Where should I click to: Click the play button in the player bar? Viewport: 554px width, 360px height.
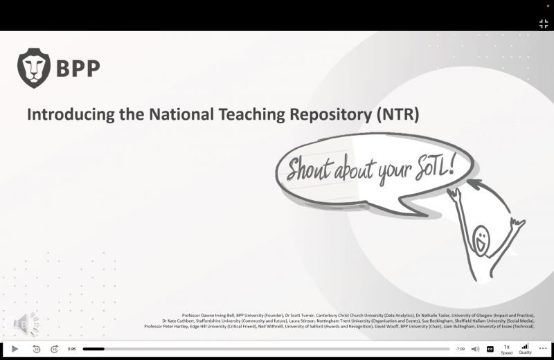click(x=15, y=349)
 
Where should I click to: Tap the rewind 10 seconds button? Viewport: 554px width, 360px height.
click(x=36, y=349)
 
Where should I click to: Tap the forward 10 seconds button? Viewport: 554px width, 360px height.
click(x=54, y=349)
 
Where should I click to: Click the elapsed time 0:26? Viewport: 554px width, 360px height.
click(x=71, y=349)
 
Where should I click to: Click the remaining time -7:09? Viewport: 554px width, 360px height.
click(x=460, y=349)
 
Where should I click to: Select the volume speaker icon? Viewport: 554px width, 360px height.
click(x=475, y=349)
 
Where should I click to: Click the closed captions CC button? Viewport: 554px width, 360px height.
click(x=490, y=349)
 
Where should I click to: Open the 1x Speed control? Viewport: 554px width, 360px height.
click(x=507, y=349)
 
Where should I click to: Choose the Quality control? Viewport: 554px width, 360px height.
click(x=525, y=349)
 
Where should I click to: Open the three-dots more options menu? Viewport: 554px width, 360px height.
click(x=543, y=349)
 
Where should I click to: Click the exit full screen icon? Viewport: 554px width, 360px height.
click(x=544, y=24)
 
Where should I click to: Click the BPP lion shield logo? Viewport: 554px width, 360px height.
click(x=33, y=68)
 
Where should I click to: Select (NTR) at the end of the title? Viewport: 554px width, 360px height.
click(x=398, y=114)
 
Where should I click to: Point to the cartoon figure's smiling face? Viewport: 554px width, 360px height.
click(x=481, y=240)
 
